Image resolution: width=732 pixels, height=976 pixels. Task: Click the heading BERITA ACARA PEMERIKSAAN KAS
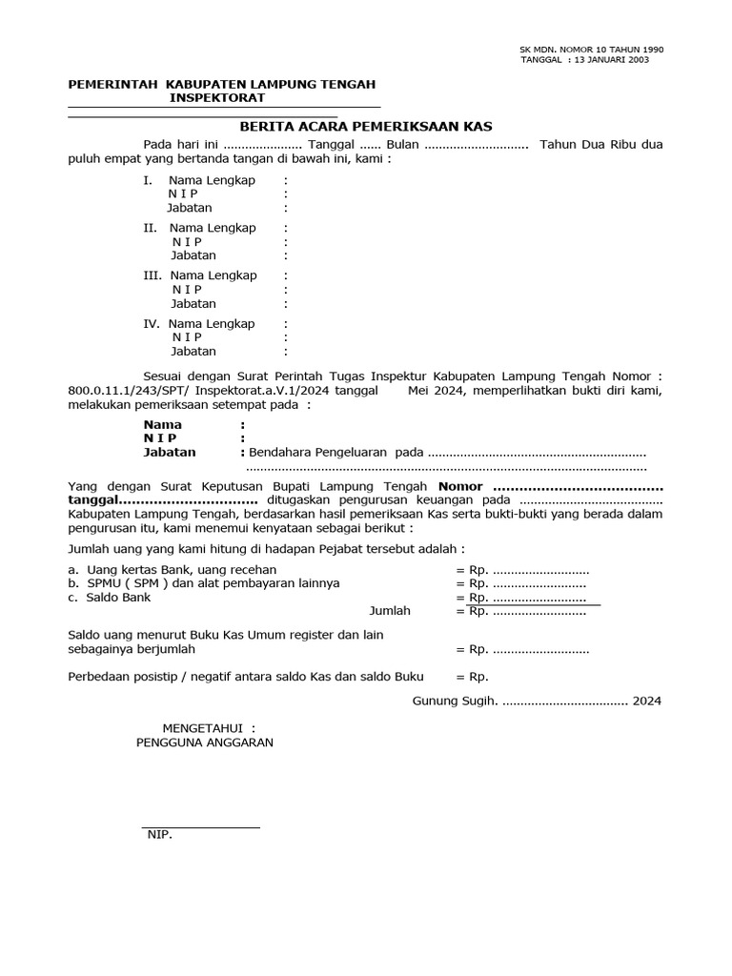click(365, 126)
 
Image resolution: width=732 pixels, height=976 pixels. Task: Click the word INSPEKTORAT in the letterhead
click(217, 98)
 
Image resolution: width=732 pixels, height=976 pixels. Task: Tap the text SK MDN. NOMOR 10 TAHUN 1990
click(591, 49)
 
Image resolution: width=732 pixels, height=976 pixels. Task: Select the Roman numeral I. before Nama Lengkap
click(147, 180)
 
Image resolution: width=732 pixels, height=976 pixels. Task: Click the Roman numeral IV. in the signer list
click(151, 323)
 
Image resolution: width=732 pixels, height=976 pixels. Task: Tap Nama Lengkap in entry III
click(213, 275)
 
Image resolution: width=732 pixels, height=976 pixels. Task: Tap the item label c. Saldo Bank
click(109, 598)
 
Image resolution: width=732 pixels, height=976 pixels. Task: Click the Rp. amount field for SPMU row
click(527, 583)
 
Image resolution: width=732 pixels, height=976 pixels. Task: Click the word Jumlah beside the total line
click(389, 611)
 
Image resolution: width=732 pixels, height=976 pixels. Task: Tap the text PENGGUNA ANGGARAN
click(204, 742)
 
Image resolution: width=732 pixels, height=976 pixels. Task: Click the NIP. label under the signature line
click(159, 835)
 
